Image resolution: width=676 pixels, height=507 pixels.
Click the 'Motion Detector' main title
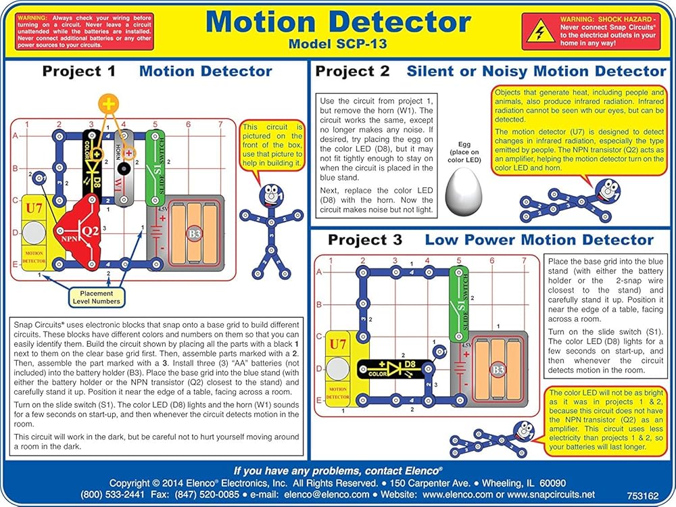[338, 22]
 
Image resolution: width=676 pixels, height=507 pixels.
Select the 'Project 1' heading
[78, 71]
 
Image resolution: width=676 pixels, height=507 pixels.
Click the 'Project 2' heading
[352, 71]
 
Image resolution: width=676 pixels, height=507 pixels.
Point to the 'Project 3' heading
[364, 240]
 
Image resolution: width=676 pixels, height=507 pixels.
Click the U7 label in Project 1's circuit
[34, 208]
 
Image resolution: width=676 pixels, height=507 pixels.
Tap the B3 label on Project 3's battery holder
[498, 369]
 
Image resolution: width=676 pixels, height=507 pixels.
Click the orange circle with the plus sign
[108, 103]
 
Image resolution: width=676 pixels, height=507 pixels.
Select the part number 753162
[642, 495]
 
